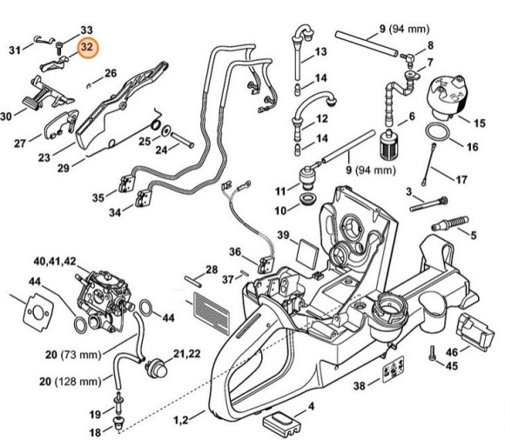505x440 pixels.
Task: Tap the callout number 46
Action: pyautogui.click(x=477, y=351)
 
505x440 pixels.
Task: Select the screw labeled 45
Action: pyautogui.click(x=432, y=354)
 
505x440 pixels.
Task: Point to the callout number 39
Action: pyautogui.click(x=284, y=235)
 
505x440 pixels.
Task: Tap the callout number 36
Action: pyautogui.click(x=236, y=252)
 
